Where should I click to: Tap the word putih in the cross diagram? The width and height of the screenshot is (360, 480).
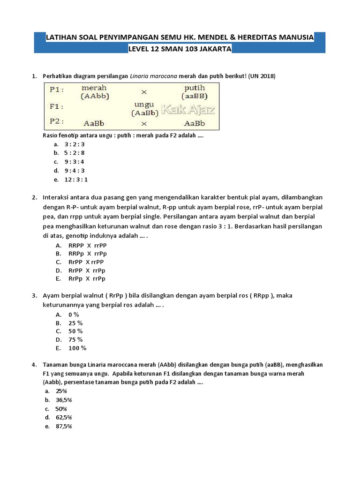click(x=195, y=88)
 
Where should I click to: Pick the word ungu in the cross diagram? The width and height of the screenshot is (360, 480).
click(x=144, y=105)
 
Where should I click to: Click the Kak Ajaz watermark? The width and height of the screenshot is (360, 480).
click(x=188, y=110)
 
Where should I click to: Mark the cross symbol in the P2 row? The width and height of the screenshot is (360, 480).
click(x=144, y=124)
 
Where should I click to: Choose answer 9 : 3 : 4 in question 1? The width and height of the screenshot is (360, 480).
click(x=75, y=162)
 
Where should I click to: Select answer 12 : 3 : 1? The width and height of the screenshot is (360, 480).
click(x=76, y=179)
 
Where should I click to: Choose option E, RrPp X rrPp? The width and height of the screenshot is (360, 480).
click(x=87, y=279)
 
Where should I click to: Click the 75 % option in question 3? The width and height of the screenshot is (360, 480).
click(x=75, y=339)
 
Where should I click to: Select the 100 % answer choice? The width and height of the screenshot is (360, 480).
click(x=77, y=348)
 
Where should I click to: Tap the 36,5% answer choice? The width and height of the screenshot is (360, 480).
click(x=64, y=400)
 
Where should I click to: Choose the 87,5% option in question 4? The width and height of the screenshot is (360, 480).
click(x=64, y=426)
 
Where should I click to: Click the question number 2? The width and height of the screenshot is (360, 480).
click(x=34, y=197)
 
